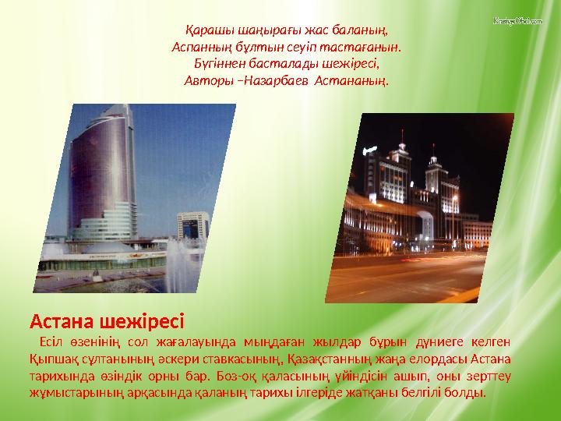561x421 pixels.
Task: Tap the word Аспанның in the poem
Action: click(196, 47)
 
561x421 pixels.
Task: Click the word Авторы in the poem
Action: click(207, 80)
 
